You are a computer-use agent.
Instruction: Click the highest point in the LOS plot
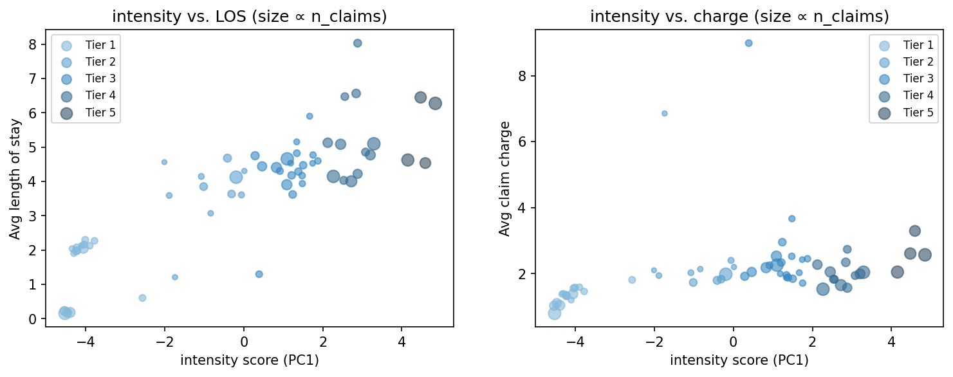(358, 43)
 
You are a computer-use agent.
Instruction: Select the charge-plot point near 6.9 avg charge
(665, 113)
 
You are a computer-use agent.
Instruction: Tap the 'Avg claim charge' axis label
(505, 179)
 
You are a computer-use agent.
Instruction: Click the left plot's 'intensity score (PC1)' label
(250, 360)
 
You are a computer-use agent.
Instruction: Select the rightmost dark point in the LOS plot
(435, 104)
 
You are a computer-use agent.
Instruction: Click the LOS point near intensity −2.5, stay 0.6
(142, 298)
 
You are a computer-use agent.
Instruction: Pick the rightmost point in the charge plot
(925, 255)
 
